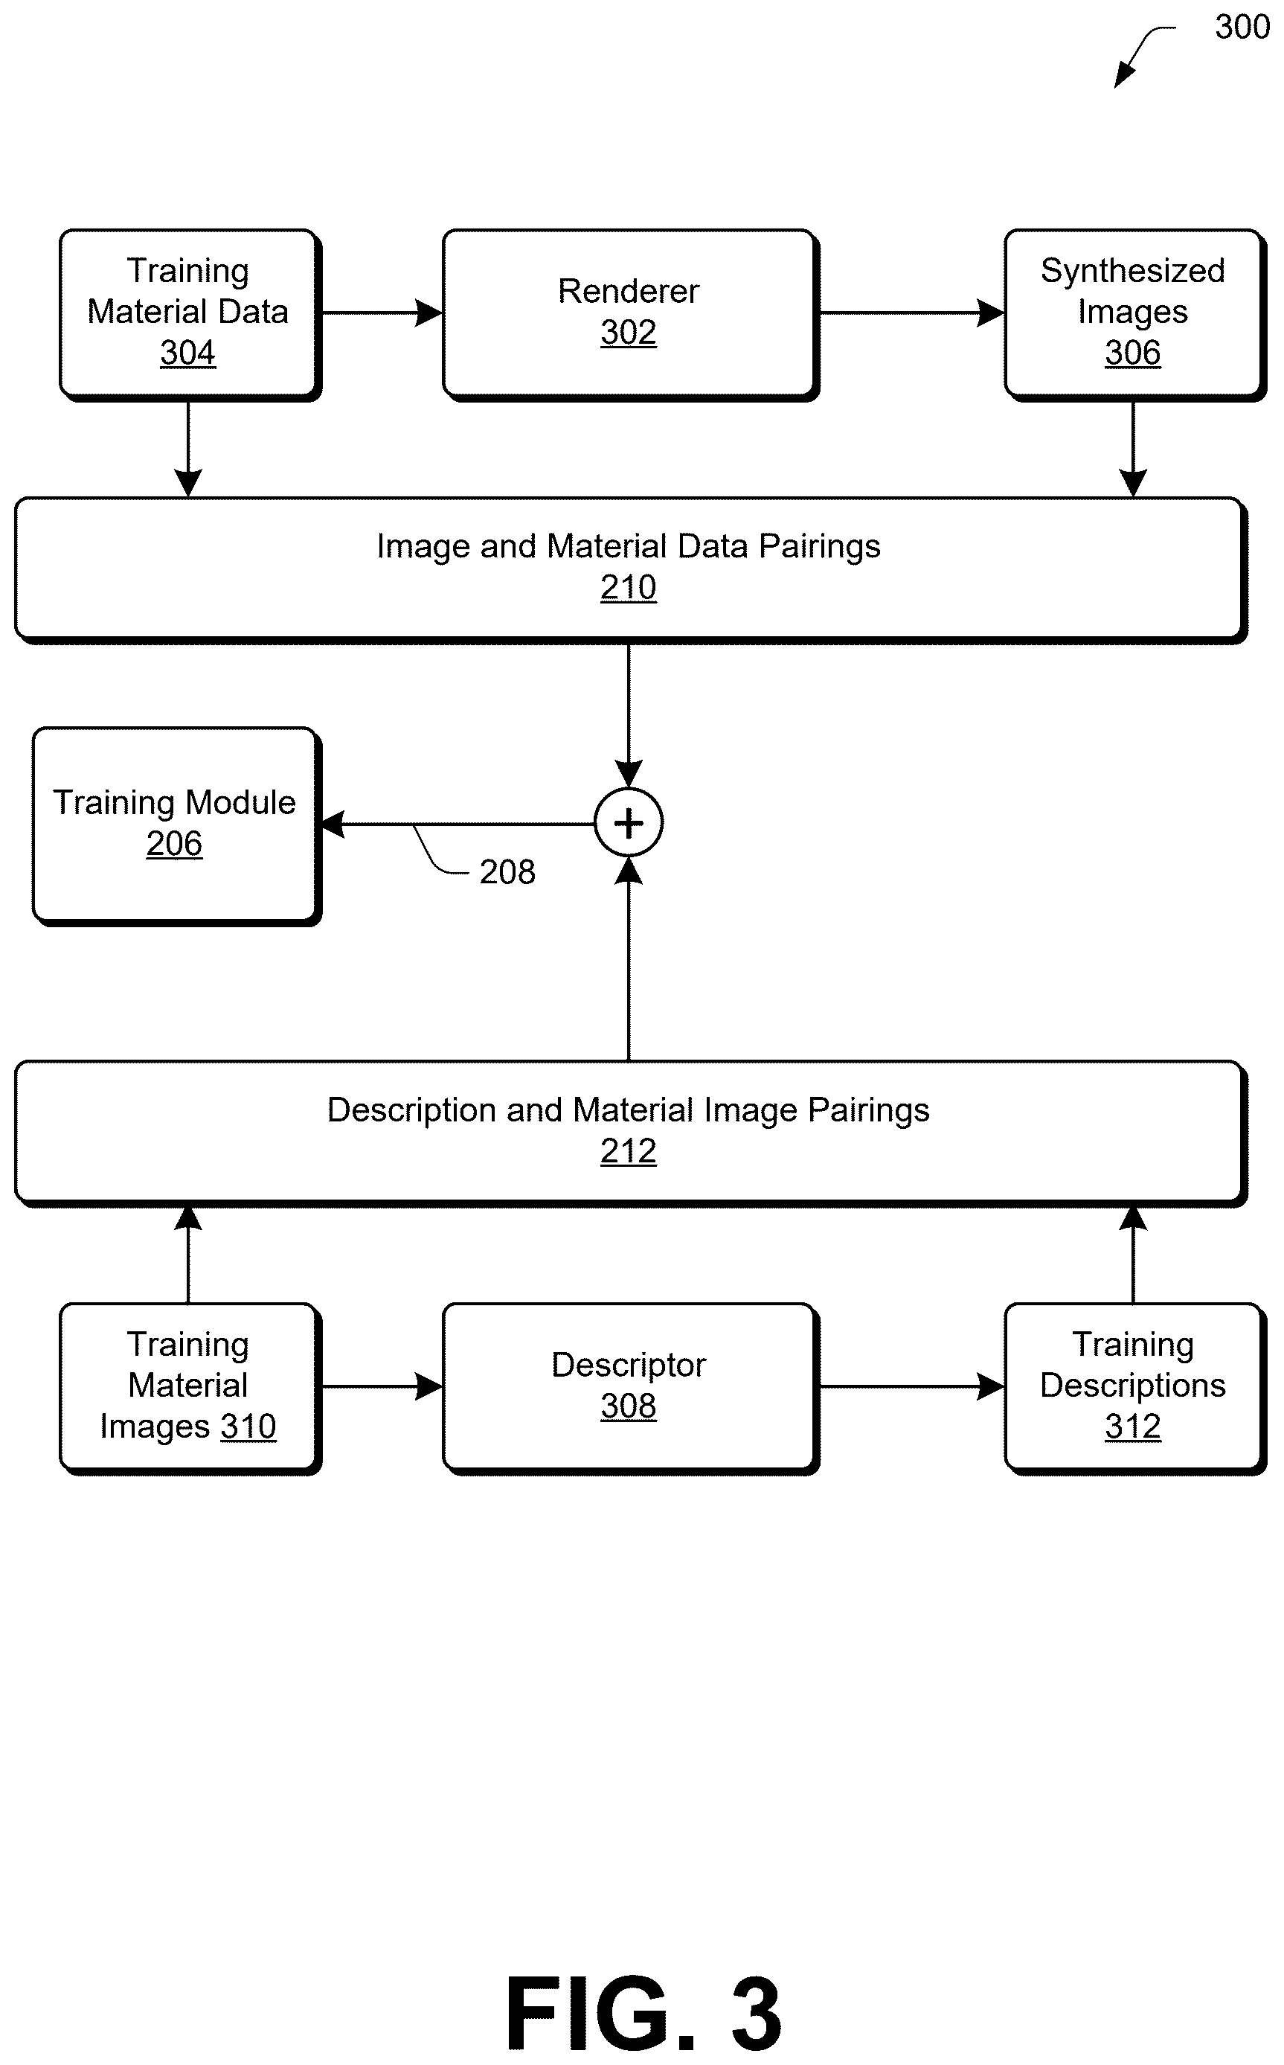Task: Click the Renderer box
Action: click(630, 314)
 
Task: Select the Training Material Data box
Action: click(190, 314)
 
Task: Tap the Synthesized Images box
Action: click(1134, 314)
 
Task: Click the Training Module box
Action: click(176, 826)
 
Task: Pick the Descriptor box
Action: click(630, 1388)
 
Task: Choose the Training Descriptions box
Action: click(1134, 1388)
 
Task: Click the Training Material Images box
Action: click(190, 1388)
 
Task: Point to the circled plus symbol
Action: click(629, 823)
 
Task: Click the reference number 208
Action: click(507, 871)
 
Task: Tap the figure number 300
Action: click(1242, 28)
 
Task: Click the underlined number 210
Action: click(629, 587)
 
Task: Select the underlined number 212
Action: click(629, 1151)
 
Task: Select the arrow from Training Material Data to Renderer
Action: click(382, 313)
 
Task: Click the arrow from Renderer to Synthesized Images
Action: click(912, 313)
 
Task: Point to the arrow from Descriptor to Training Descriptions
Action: click(912, 1386)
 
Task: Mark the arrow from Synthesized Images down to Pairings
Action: click(1133, 449)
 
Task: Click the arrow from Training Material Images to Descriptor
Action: click(382, 1386)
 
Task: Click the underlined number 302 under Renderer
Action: click(629, 332)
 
